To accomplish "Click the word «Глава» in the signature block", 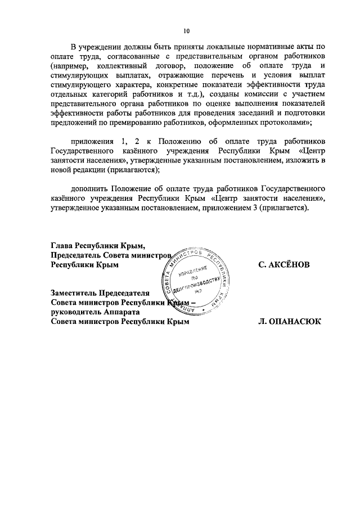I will [x=63, y=246].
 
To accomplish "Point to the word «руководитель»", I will [x=78, y=312].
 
